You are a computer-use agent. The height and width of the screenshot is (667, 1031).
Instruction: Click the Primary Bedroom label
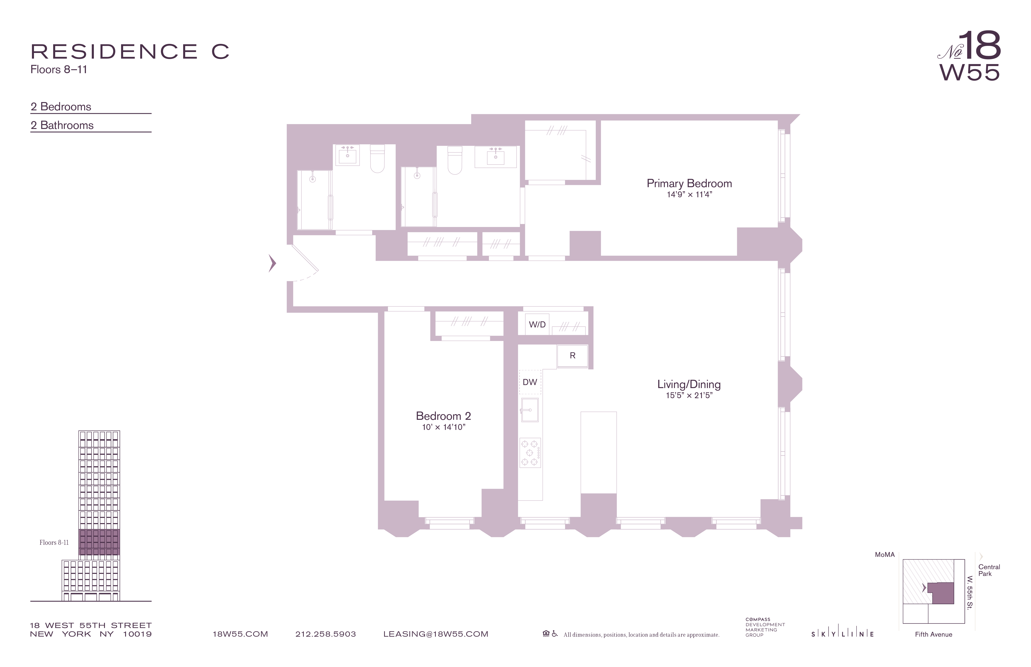click(x=689, y=183)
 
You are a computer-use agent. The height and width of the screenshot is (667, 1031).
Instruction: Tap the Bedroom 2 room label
click(x=443, y=416)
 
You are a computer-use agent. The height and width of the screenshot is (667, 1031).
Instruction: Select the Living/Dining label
click(x=689, y=384)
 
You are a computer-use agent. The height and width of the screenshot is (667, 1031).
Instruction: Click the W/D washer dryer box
click(x=537, y=324)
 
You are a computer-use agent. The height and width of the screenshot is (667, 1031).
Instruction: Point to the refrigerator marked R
click(x=572, y=356)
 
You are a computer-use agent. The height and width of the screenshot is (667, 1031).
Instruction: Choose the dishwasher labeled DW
click(x=530, y=382)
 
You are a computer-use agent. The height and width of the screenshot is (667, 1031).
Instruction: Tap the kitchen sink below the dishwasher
click(x=529, y=410)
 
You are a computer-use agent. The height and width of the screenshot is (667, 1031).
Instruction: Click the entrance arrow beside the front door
click(x=272, y=263)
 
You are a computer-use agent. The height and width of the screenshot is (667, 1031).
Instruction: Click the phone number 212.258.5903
click(x=325, y=634)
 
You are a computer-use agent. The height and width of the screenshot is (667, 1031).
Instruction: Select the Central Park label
click(x=989, y=570)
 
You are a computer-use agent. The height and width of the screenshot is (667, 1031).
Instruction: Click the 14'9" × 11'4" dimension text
click(x=689, y=195)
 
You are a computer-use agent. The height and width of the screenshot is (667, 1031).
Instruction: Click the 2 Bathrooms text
click(x=62, y=125)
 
